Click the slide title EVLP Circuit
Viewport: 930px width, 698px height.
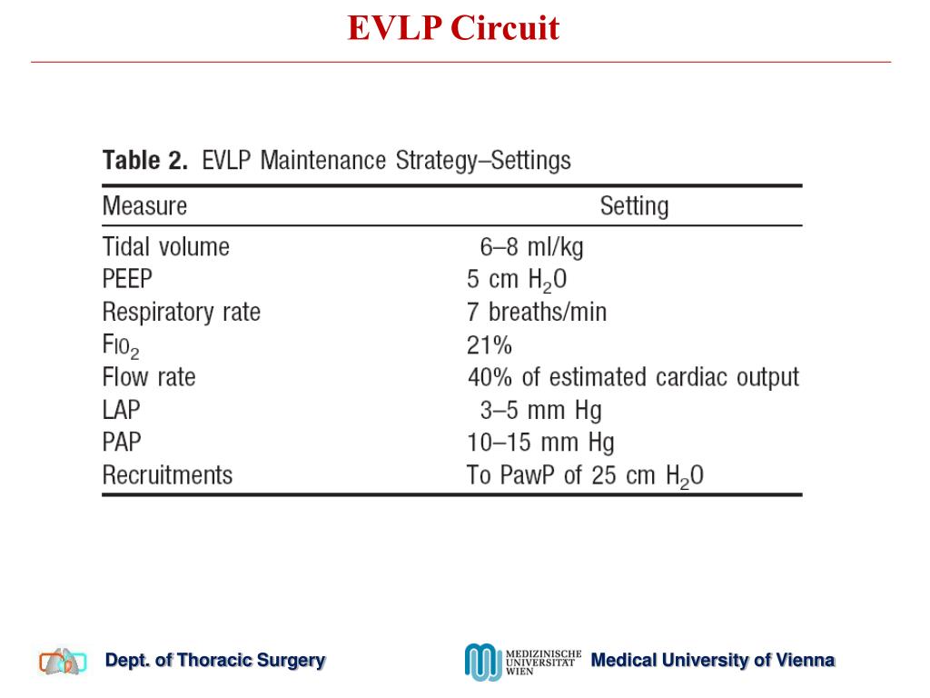point(453,28)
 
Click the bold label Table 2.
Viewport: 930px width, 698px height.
point(145,162)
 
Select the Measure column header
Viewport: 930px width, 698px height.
point(144,205)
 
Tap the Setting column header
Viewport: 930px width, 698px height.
point(634,205)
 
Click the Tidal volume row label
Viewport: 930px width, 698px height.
point(165,246)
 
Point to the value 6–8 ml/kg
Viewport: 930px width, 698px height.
point(531,246)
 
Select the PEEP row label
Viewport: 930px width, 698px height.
point(128,279)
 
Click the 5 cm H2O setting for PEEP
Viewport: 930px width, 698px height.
point(517,281)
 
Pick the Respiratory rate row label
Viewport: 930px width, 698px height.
point(181,313)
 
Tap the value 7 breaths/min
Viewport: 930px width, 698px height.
point(536,313)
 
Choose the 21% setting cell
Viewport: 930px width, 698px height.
point(490,345)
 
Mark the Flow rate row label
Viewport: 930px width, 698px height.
point(148,377)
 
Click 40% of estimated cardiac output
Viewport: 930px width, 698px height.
point(633,377)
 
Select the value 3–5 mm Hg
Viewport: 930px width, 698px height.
point(540,410)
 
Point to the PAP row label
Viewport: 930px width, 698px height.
point(122,443)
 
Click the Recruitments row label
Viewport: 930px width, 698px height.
point(167,475)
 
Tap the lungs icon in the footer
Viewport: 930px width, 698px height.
point(63,662)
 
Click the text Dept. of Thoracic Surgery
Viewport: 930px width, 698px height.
point(215,661)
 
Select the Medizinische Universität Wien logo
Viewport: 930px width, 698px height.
point(522,662)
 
